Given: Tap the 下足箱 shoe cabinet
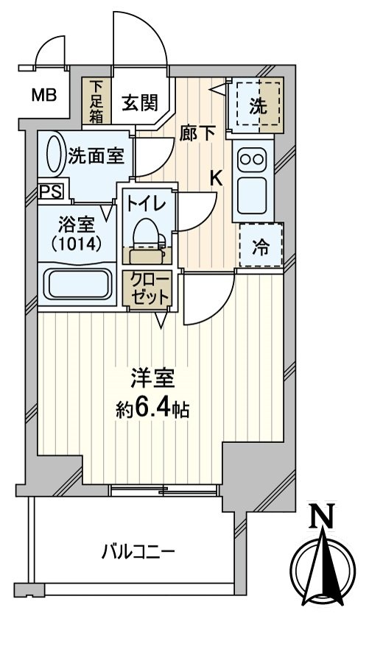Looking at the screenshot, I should tap(96, 101).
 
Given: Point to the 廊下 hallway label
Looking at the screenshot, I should tap(197, 133).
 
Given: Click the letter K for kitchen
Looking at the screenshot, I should tap(216, 177).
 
